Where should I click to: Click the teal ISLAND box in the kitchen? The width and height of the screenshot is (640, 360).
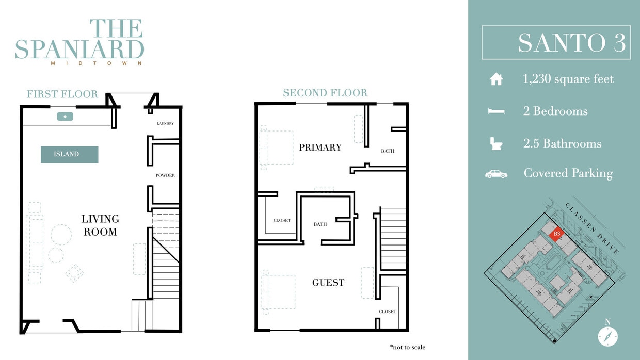(x=70, y=154)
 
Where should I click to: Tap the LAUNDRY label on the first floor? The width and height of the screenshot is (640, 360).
(x=165, y=124)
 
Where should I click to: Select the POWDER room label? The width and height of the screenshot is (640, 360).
(x=165, y=175)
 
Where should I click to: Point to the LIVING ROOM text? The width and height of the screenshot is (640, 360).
(x=100, y=225)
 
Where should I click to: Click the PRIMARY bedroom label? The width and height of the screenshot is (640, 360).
(x=320, y=148)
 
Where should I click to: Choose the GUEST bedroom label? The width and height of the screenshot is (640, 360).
(x=328, y=283)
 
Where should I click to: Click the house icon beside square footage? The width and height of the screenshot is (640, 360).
(x=496, y=79)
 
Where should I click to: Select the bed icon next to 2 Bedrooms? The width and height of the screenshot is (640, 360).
(x=496, y=111)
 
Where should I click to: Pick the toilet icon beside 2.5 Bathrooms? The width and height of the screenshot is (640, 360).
(x=496, y=143)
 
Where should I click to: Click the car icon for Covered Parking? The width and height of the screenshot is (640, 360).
(x=496, y=174)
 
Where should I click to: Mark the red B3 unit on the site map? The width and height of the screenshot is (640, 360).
(x=556, y=234)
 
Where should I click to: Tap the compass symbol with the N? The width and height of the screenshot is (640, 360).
(x=607, y=336)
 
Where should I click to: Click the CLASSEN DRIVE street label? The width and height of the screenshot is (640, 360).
(x=592, y=228)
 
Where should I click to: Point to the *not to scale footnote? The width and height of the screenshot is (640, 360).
(x=408, y=347)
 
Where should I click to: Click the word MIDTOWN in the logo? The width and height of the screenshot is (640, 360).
(x=97, y=64)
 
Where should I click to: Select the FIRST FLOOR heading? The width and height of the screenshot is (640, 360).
(x=62, y=94)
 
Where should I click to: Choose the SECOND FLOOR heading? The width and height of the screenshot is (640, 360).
(x=325, y=93)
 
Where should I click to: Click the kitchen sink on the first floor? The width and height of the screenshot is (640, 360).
(x=66, y=117)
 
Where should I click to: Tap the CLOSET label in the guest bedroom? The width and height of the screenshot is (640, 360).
(x=387, y=312)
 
